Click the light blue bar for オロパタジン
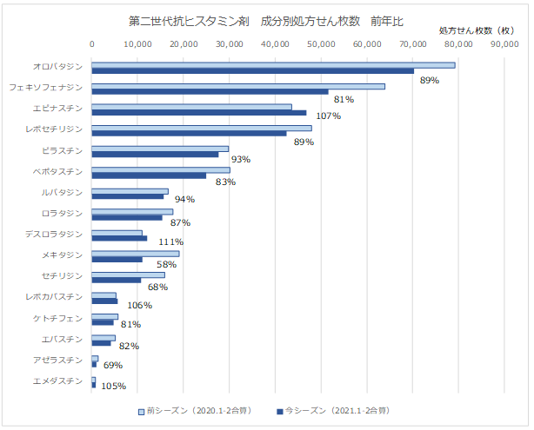click(273, 65)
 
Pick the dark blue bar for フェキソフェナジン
click(210, 91)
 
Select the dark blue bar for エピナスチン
click(199, 112)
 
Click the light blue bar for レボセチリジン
click(202, 129)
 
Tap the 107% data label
click(328, 116)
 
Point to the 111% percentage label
click(170, 241)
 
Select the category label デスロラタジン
click(54, 235)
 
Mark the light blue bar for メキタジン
click(135, 254)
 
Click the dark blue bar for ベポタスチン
click(149, 175)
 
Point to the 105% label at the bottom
click(114, 387)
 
